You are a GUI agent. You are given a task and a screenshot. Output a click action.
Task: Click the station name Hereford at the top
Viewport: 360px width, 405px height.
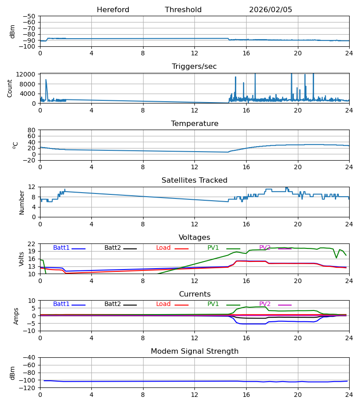(x=113, y=10)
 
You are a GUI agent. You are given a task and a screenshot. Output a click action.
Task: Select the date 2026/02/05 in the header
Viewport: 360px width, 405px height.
(x=270, y=10)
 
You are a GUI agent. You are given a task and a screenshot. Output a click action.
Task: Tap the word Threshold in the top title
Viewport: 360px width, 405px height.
(x=183, y=10)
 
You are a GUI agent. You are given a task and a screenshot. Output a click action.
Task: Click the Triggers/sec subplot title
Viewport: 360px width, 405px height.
(x=194, y=67)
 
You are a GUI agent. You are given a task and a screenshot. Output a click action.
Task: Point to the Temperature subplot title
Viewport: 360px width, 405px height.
(x=194, y=124)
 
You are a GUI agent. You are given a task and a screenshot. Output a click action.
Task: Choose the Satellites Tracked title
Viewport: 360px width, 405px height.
(x=194, y=180)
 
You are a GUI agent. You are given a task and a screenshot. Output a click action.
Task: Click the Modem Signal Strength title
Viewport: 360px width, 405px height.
(x=194, y=351)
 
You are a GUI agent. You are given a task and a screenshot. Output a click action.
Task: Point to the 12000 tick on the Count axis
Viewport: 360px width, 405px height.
(x=28, y=74)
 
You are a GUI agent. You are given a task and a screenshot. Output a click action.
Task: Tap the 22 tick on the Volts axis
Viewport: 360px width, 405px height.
(x=32, y=244)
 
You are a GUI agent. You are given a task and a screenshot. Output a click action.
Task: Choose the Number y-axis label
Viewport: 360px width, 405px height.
(x=22, y=202)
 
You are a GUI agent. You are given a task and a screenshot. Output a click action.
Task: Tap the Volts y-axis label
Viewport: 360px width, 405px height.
(x=22, y=259)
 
